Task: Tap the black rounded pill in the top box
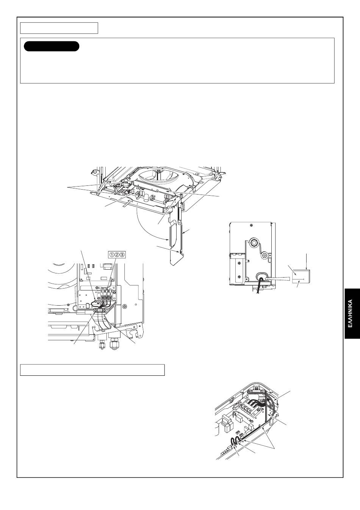point(52,46)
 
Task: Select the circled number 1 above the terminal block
point(112,254)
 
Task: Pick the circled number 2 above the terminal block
point(117,254)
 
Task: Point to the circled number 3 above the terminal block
point(122,254)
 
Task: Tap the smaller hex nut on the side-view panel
point(265,255)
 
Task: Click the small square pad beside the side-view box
point(301,276)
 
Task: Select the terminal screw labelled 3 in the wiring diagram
point(111,298)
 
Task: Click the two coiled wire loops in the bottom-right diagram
point(235,441)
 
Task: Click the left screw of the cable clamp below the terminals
point(96,310)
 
